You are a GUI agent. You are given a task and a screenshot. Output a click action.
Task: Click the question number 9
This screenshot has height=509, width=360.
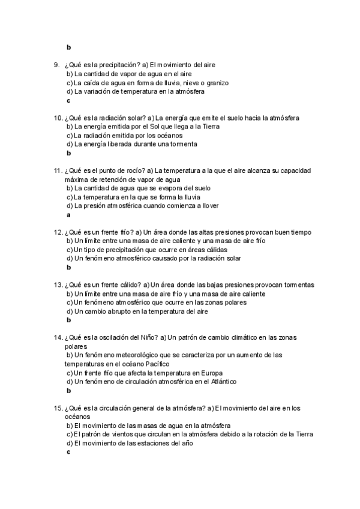56,65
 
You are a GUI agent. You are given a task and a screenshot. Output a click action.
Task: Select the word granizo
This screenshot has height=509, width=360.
215,83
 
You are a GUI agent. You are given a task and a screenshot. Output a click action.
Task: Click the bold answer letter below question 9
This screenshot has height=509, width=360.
68,101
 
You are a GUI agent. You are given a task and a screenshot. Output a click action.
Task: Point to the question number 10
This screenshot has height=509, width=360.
58,118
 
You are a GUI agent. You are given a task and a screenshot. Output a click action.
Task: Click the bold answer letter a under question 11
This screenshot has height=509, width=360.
68,214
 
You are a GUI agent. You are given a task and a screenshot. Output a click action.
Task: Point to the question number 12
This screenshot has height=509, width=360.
58,232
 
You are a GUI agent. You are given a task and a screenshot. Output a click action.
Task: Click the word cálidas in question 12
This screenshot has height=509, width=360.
218,250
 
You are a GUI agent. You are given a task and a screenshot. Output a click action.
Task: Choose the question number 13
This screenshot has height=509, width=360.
58,285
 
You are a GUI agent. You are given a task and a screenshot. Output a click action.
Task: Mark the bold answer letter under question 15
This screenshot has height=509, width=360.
68,452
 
